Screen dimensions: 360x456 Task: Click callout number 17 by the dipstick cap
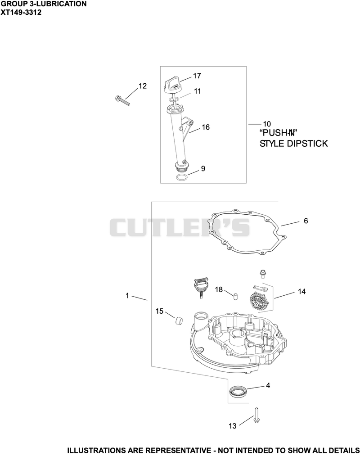(x=197, y=76)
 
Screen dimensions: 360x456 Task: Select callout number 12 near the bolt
(x=143, y=86)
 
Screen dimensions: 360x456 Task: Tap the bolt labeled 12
(x=122, y=100)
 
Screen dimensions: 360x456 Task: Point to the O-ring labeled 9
(x=181, y=178)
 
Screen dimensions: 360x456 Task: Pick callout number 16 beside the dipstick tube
(x=206, y=127)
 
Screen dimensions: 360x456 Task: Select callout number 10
(x=267, y=125)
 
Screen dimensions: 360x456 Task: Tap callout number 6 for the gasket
(x=306, y=221)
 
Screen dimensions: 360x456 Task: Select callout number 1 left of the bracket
(x=127, y=296)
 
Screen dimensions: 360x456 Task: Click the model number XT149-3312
(x=21, y=13)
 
